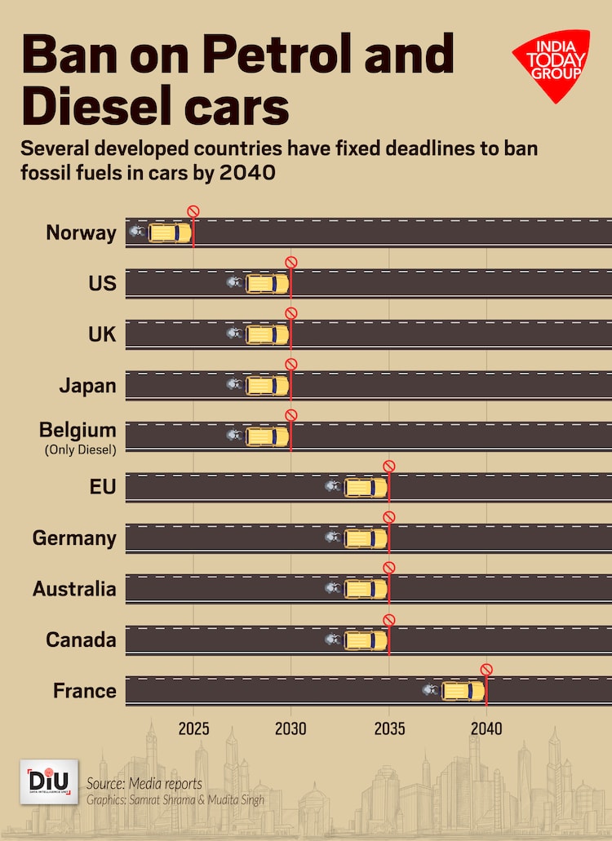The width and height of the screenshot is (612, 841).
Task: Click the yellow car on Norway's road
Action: point(170,232)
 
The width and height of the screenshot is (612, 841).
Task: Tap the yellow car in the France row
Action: point(463,691)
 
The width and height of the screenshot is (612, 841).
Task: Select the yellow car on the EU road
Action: point(366,488)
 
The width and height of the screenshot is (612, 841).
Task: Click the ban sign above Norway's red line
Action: point(193,211)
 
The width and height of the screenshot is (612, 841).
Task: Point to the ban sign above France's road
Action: point(487,670)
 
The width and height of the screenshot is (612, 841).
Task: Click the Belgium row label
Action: point(78,430)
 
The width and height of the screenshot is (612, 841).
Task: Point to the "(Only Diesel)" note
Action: point(78,449)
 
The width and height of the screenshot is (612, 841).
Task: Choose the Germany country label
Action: point(74,538)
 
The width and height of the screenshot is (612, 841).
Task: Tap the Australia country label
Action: point(74,589)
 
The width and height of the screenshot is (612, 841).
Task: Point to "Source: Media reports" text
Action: point(144,784)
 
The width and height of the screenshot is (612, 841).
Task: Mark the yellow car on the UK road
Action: point(268,334)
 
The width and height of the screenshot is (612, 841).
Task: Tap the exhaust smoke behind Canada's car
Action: point(333,640)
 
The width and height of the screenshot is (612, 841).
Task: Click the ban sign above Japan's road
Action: point(291,364)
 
